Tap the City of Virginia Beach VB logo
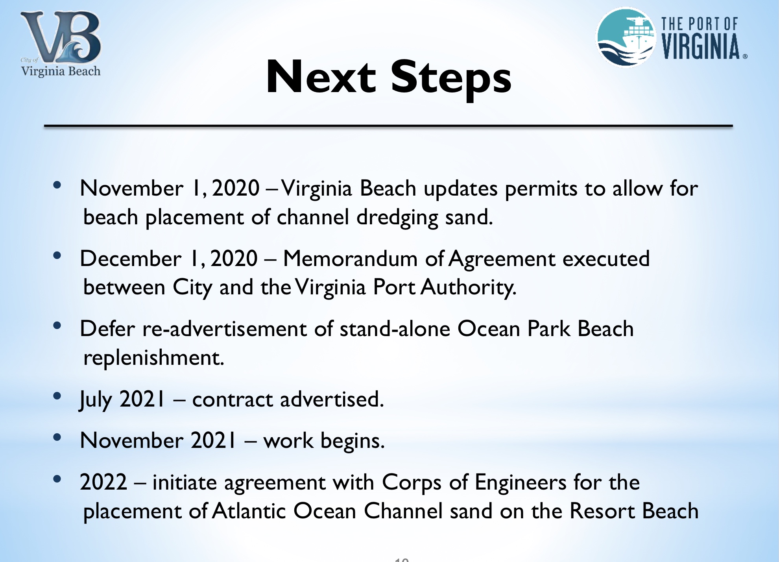pos(61,43)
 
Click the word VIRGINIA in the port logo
pos(701,46)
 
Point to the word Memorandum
pos(350,259)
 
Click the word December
pos(131,259)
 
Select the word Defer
pos(107,329)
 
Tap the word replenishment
pos(153,358)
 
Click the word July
pos(96,400)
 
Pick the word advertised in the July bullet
pos(332,399)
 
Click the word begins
pos(353,441)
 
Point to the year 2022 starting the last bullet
pos(103,482)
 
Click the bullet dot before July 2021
pos(57,396)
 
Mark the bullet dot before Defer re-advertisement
pos(57,325)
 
